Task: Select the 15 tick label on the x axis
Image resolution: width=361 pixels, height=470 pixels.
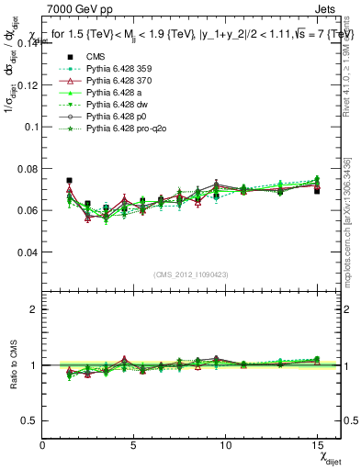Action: point(317,445)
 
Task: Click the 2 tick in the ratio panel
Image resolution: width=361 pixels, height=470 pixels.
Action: point(36,309)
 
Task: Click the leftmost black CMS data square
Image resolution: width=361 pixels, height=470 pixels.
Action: point(69,181)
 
